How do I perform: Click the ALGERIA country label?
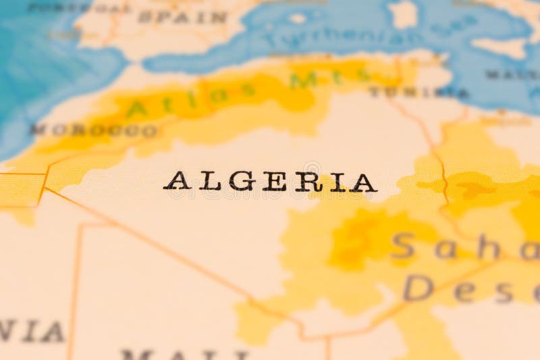pos(270,181)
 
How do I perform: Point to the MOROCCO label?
pos(94,130)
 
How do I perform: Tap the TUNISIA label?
pos(418,92)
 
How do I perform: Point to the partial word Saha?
pos(446,247)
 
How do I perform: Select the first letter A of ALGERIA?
pos(176,181)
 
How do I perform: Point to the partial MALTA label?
pos(513,74)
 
